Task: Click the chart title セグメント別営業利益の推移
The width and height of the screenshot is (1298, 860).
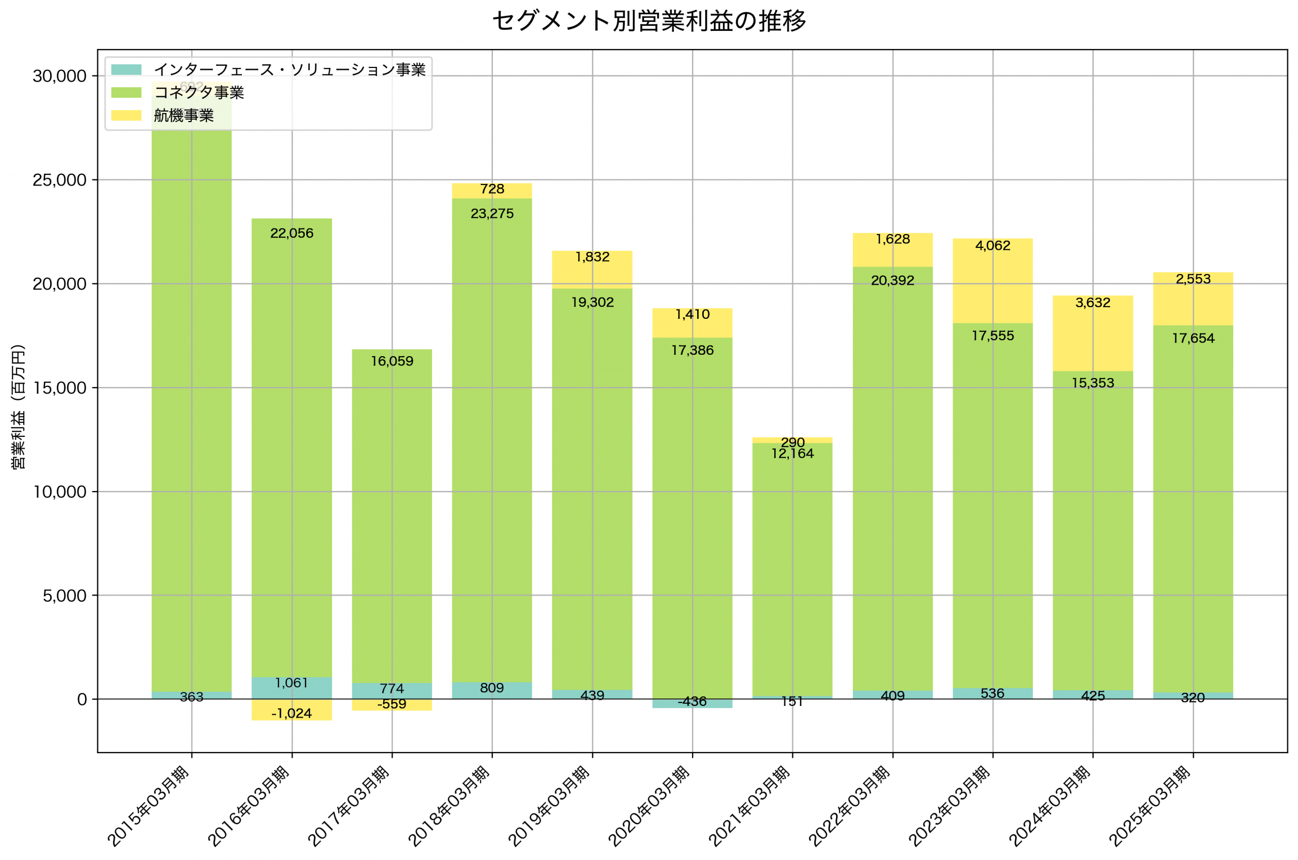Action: click(649, 21)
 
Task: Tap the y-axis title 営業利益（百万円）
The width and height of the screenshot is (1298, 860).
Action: click(18, 406)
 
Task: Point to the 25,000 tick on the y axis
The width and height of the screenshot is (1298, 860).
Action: click(59, 180)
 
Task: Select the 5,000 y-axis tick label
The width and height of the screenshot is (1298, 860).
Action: click(64, 595)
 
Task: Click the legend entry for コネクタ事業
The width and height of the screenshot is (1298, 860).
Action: click(199, 92)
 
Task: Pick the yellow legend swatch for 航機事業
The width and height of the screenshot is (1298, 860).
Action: click(126, 115)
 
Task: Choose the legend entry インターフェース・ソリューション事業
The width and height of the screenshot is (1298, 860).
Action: click(289, 69)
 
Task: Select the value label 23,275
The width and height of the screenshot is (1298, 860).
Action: click(492, 214)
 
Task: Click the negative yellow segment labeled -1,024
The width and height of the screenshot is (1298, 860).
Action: click(292, 709)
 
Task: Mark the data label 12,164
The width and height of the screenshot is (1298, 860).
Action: click(792, 454)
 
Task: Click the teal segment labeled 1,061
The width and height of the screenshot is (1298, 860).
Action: click(292, 688)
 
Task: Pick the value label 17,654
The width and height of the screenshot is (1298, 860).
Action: click(1193, 339)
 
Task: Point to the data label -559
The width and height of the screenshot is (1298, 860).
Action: click(392, 704)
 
